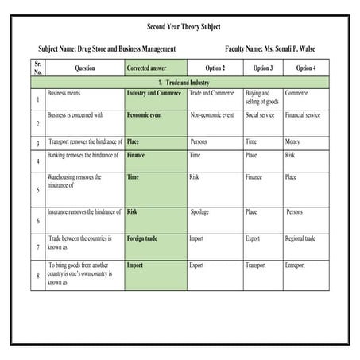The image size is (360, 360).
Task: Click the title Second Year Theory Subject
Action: (x=179, y=27)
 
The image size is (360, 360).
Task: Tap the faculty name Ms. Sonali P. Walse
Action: (x=270, y=49)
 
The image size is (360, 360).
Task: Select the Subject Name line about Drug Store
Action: (x=106, y=49)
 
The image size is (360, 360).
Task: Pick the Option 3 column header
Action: (x=262, y=68)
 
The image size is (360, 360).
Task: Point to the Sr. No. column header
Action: (x=38, y=68)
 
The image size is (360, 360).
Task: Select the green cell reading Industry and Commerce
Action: (x=154, y=93)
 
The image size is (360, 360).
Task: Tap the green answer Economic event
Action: (x=145, y=115)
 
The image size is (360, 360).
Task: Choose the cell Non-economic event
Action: (x=211, y=115)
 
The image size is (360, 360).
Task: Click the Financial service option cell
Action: (x=302, y=115)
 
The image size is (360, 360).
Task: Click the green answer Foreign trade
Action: (x=142, y=238)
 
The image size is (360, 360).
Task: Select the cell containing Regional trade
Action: (x=300, y=238)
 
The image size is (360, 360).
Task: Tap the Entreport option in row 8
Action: (x=298, y=265)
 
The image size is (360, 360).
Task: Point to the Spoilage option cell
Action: (x=199, y=212)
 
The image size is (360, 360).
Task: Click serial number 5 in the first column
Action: (x=38, y=191)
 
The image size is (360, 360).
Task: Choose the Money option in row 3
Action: (x=292, y=142)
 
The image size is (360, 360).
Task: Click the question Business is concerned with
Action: (x=75, y=115)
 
